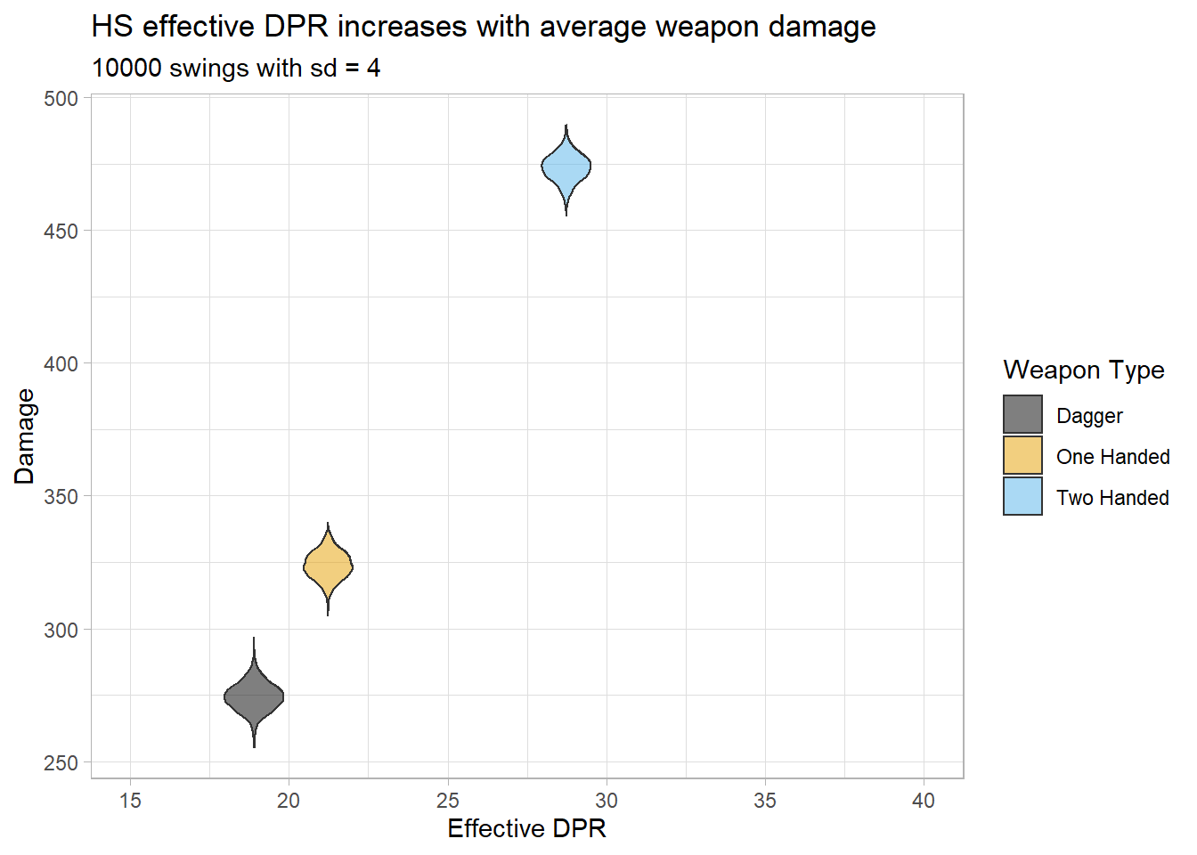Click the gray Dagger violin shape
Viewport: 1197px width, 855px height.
(x=254, y=696)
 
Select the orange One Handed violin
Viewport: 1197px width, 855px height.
(x=328, y=566)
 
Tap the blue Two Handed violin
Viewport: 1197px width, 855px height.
(x=566, y=167)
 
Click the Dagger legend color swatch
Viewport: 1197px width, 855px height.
(x=1022, y=415)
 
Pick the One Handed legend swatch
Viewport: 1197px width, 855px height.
(x=1022, y=456)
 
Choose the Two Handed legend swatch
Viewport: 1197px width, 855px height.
(x=1022, y=497)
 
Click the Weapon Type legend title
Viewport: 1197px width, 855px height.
(x=1083, y=370)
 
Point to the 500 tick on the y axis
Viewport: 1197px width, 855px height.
(x=61, y=98)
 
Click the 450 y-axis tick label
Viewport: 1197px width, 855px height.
(x=61, y=231)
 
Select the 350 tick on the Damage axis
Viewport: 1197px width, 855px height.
(x=61, y=496)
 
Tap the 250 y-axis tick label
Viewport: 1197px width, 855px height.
(x=61, y=762)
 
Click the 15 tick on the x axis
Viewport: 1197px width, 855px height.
(x=130, y=801)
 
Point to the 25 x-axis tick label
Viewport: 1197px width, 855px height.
(x=448, y=801)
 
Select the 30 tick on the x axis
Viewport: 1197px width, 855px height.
(x=607, y=801)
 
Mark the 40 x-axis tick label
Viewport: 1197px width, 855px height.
(x=924, y=801)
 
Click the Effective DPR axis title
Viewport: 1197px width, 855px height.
(x=526, y=828)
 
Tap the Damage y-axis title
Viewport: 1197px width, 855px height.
(x=25, y=436)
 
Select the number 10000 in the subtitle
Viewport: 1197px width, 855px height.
(x=126, y=68)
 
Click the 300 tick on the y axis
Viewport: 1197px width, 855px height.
(x=61, y=630)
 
